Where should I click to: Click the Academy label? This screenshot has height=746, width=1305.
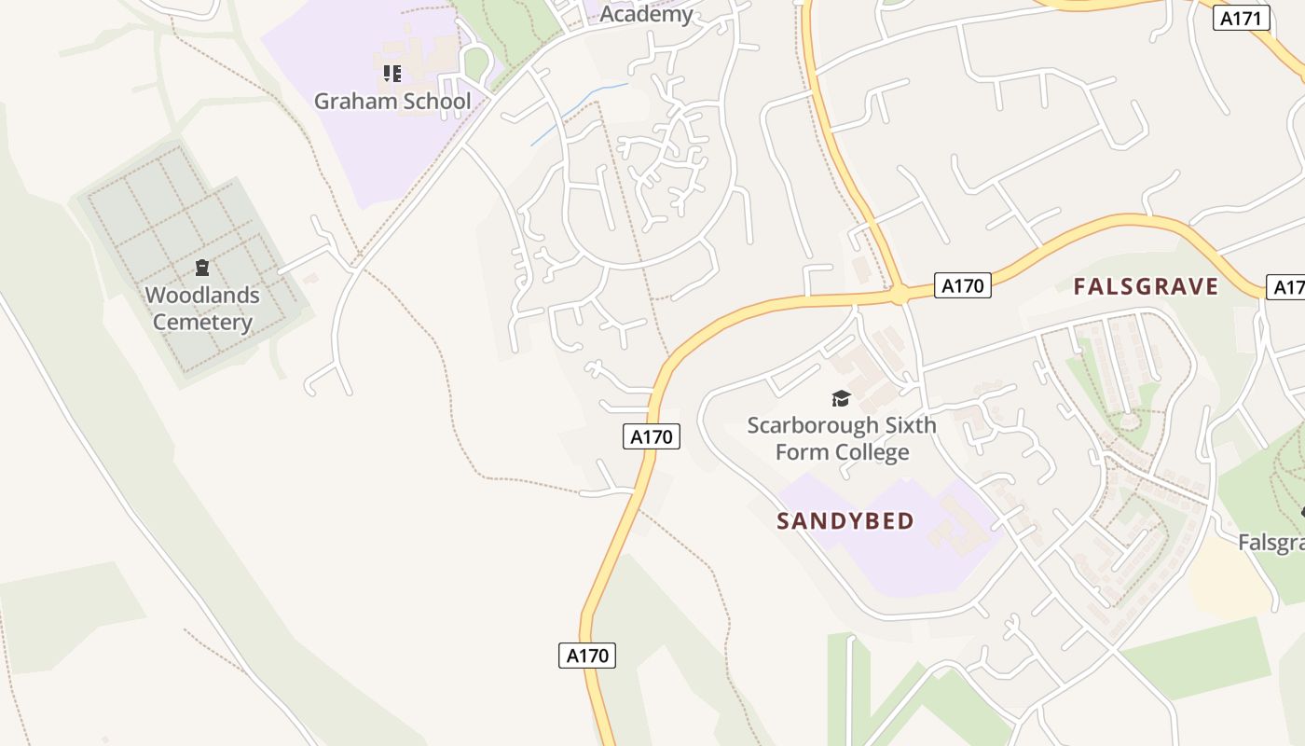coord(647,14)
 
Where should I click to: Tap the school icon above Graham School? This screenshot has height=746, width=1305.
coord(391,73)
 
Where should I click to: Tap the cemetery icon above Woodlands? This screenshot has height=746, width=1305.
coord(201,269)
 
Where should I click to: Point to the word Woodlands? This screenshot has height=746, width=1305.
coord(202,296)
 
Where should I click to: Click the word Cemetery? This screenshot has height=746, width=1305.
coord(202,323)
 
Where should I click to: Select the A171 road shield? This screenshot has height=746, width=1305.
coord(1242,18)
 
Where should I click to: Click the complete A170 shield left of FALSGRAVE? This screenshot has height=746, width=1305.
coord(962,285)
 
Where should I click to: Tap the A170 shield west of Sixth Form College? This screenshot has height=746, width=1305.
coord(652,435)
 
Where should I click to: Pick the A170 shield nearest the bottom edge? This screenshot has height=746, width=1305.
coord(587,655)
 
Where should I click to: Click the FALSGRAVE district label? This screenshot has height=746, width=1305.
coord(1146,286)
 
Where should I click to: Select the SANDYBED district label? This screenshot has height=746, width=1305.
coord(845,521)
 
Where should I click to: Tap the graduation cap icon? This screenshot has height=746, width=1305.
coord(842,399)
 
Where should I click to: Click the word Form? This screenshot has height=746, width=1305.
coord(801,453)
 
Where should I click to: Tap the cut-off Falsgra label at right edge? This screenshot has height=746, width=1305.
coord(1272,542)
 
